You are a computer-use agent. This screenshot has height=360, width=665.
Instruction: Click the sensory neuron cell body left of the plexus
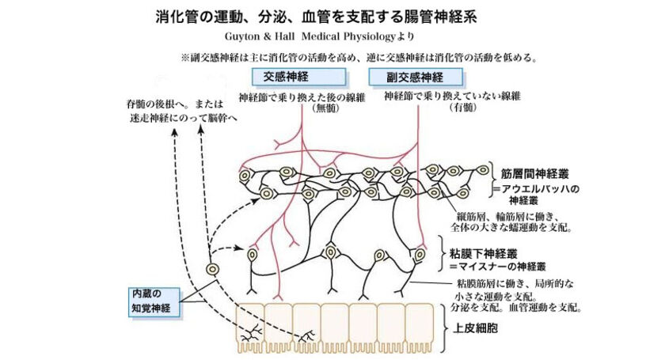[212, 270]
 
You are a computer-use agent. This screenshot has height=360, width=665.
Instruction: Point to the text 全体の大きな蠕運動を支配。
[515, 227]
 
